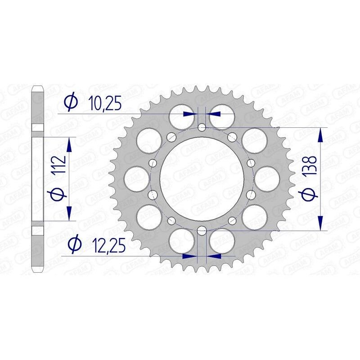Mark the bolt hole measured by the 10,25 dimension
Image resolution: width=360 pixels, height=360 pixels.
(x=202, y=127)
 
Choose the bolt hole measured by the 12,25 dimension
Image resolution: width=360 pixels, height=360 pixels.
(x=202, y=232)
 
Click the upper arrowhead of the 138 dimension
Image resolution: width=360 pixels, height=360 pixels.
(x=320, y=135)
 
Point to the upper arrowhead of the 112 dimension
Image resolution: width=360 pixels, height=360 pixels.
(x=69, y=144)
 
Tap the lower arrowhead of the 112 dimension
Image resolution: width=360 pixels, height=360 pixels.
(x=69, y=214)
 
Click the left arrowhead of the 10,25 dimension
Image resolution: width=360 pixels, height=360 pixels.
(x=191, y=114)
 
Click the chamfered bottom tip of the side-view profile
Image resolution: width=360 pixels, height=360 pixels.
(x=37, y=270)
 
